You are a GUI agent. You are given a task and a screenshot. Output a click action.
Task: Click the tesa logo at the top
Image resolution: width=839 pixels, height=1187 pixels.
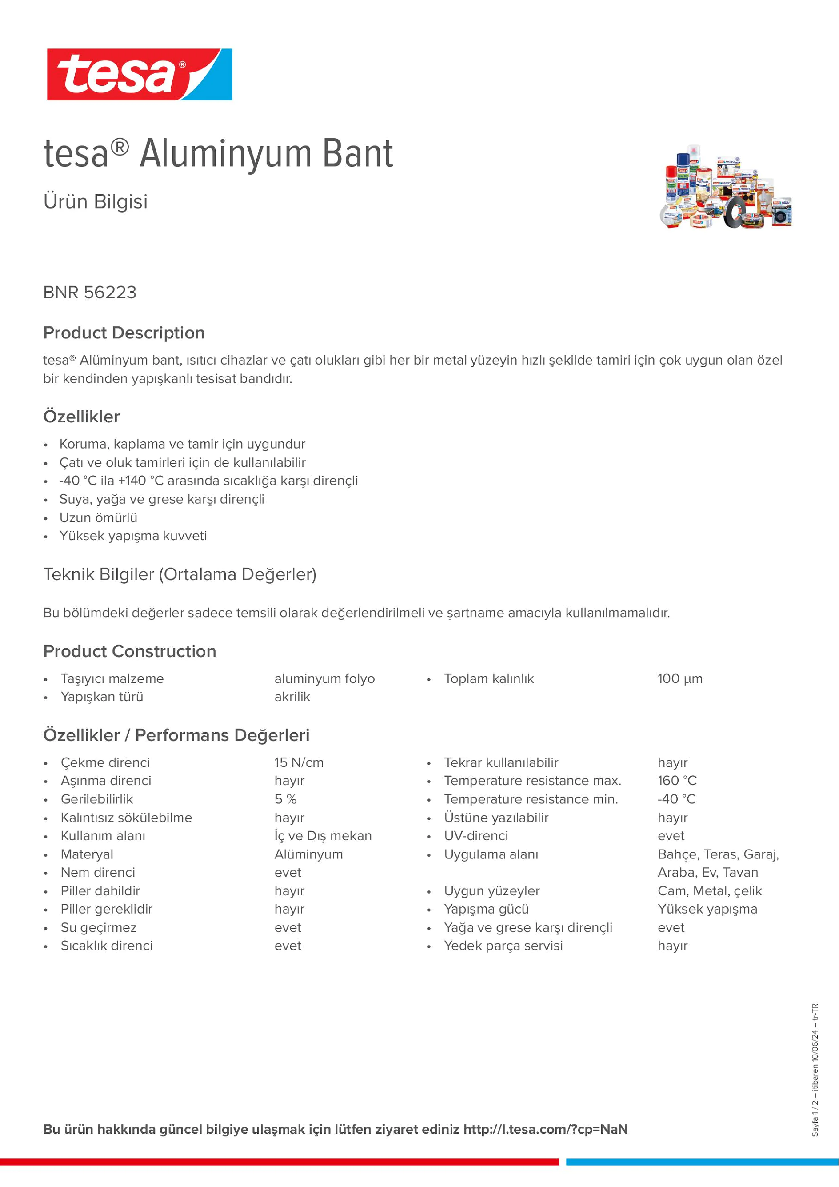140,74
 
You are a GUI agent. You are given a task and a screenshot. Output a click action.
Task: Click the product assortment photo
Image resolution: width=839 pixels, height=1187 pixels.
726,187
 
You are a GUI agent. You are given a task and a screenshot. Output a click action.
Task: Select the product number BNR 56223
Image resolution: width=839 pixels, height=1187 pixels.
90,293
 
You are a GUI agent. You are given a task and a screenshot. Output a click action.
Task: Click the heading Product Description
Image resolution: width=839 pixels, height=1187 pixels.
124,333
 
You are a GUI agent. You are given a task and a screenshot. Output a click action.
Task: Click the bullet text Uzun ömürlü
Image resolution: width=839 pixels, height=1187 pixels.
98,517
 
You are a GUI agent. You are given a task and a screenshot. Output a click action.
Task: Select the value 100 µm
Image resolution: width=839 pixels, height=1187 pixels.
680,679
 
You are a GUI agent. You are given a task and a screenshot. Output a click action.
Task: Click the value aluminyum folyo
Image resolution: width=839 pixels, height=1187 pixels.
324,679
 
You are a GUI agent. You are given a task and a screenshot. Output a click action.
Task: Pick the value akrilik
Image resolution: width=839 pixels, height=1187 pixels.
292,697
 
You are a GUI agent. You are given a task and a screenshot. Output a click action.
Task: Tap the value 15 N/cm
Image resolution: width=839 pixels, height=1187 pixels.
299,762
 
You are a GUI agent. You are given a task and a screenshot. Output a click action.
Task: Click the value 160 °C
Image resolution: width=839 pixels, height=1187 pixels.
677,781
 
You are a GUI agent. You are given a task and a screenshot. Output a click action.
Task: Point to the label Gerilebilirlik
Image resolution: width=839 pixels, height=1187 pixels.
96,799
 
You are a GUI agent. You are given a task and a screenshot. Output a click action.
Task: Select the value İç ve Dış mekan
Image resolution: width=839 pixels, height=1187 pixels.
323,836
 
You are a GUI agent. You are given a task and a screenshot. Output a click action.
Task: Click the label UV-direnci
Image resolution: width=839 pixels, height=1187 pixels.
476,836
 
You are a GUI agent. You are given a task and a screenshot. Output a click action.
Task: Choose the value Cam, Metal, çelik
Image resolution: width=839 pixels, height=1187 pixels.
710,891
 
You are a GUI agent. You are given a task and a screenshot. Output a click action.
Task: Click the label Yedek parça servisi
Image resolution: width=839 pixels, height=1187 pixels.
503,946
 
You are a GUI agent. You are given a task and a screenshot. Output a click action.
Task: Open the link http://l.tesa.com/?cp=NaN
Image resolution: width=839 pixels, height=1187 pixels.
546,1129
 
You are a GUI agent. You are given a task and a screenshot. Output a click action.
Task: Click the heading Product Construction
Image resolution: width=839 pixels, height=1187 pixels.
130,651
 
